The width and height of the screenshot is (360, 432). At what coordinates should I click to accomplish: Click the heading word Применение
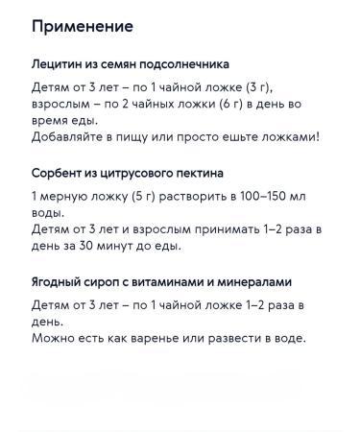pos(82,26)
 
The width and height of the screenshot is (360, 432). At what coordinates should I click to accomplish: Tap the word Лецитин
pos(59,65)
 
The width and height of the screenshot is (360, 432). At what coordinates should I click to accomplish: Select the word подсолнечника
pos(183,65)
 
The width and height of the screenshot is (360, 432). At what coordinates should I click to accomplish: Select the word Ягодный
pos(60,282)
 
